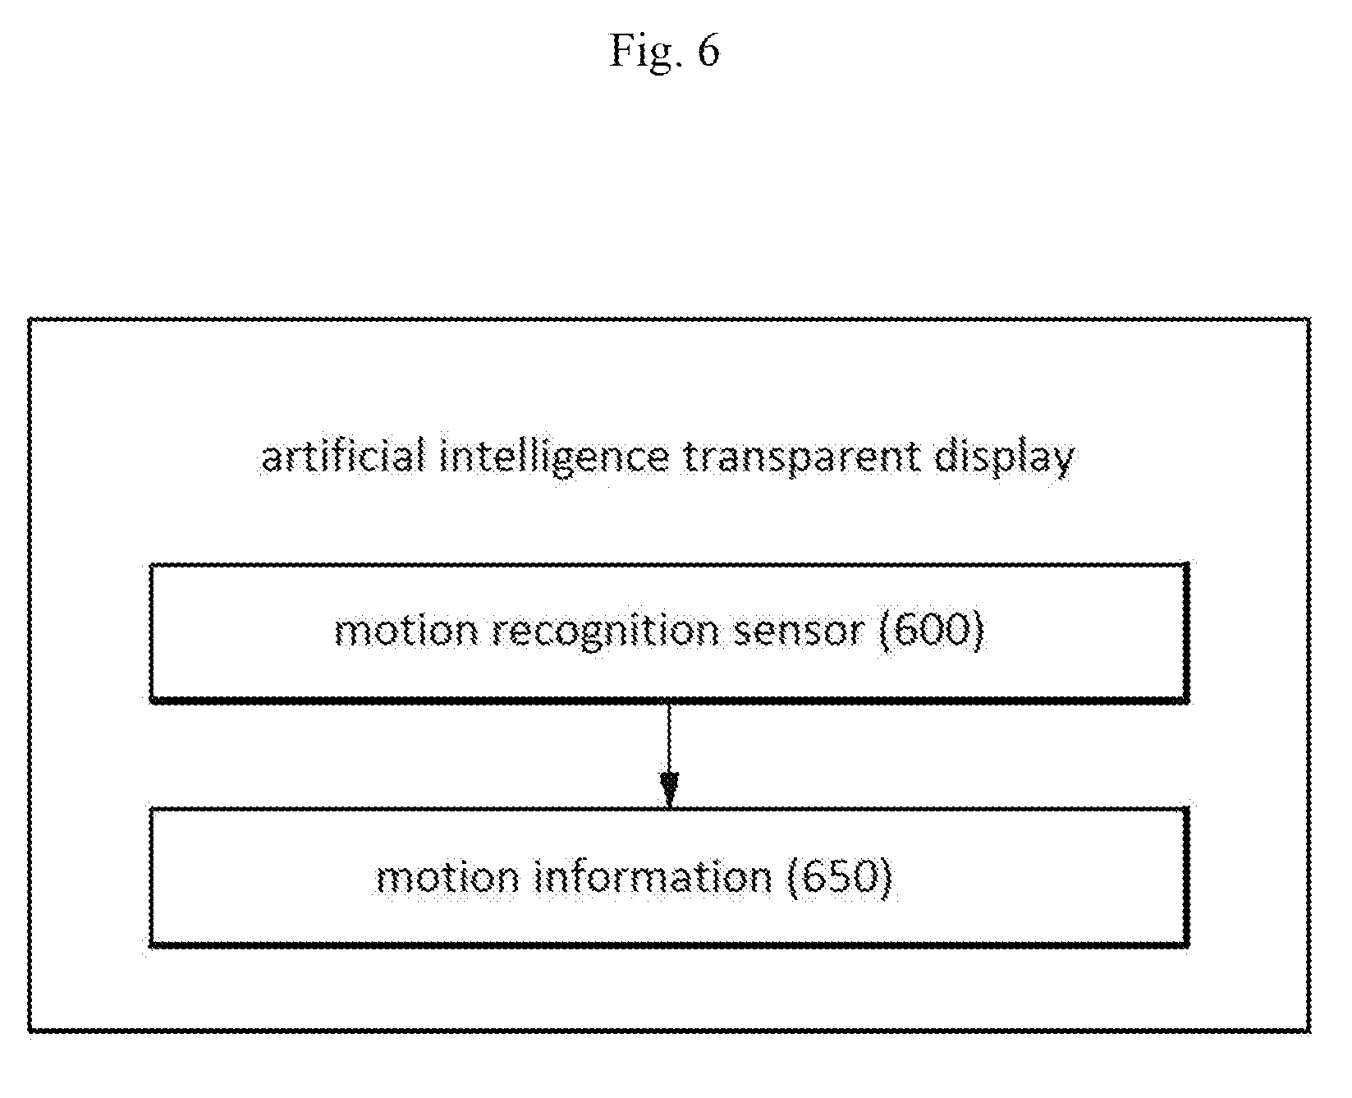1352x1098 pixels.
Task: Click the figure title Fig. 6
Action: [x=664, y=52]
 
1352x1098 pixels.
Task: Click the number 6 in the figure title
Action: [x=708, y=52]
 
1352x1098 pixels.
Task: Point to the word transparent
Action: [x=800, y=458]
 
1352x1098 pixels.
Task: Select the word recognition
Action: [x=618, y=632]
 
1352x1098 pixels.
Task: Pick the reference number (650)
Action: [x=840, y=877]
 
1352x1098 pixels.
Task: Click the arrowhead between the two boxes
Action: [x=670, y=789]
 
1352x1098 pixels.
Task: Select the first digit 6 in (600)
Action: [x=904, y=632]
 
